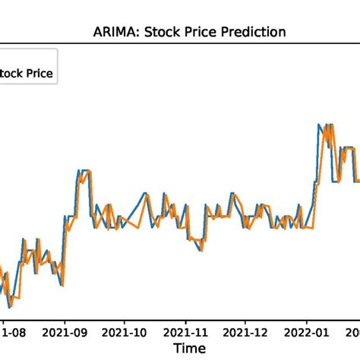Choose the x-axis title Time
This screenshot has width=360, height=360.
[x=188, y=348]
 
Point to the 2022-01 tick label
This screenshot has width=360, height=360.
[x=307, y=331]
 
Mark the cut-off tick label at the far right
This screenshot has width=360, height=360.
[x=354, y=331]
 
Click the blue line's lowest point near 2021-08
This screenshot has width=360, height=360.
[x=9, y=307]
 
